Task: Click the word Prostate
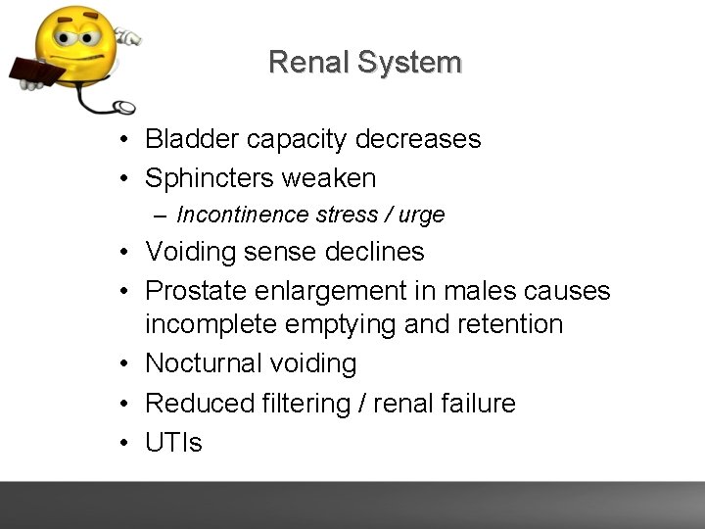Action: (x=197, y=291)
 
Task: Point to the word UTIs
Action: (x=173, y=443)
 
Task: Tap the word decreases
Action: (x=418, y=139)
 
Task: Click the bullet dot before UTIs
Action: (x=127, y=444)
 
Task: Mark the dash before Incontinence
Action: (x=160, y=216)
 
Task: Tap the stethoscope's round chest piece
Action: (x=123, y=107)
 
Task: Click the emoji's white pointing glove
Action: (x=127, y=36)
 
